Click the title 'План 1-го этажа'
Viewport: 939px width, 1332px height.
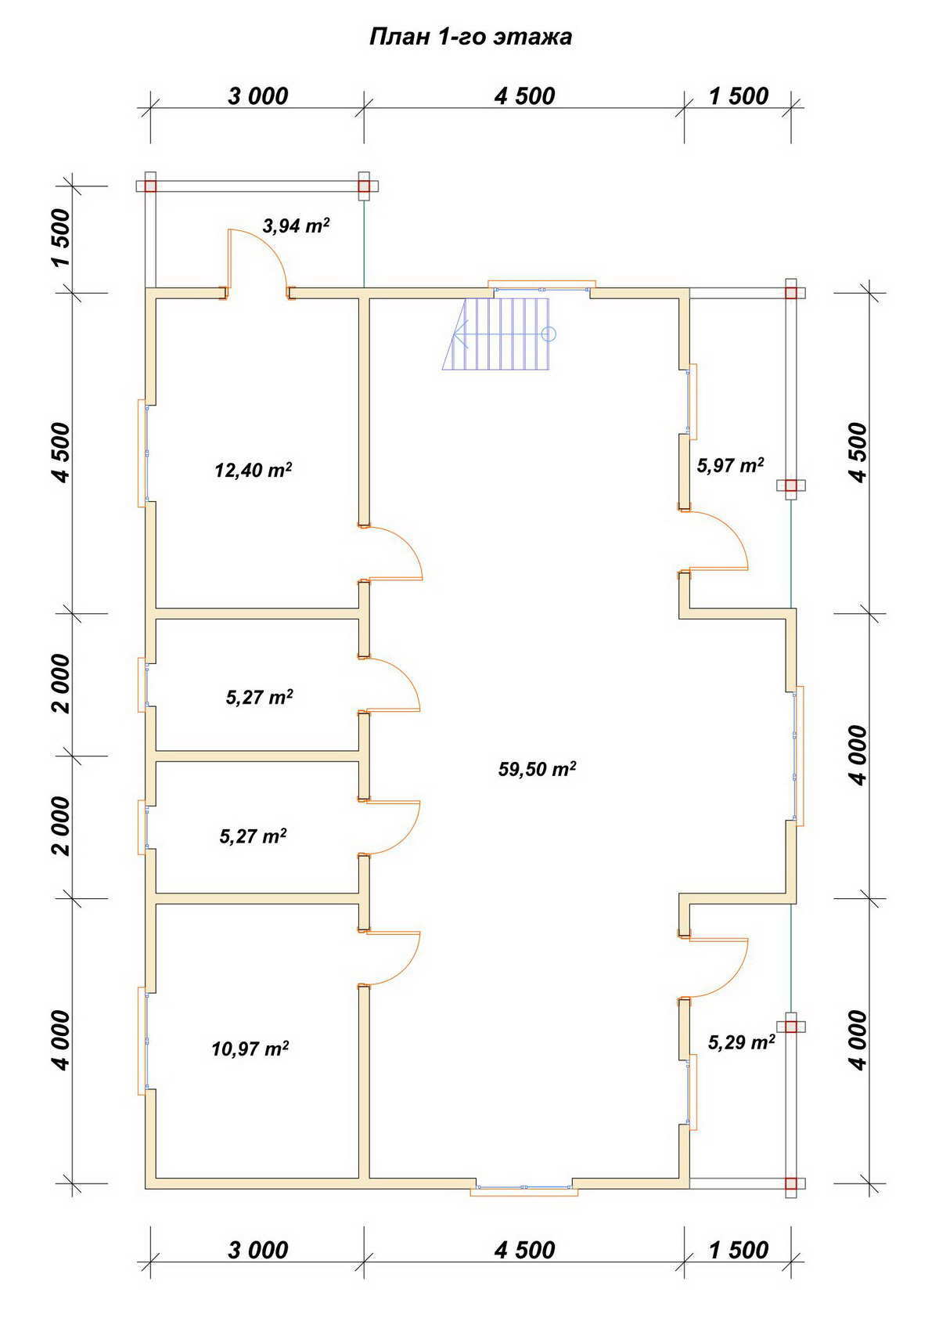pos(470,37)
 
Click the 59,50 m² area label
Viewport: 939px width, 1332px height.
pos(538,769)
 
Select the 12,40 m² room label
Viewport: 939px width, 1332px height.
pos(254,471)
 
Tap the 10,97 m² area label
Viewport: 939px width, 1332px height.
pos(250,1049)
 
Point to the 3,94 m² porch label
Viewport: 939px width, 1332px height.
pos(296,226)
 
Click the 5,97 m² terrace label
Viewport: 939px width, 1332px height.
pos(730,465)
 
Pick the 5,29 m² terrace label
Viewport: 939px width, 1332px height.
pos(742,1041)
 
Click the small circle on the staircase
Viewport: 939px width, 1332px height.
pos(549,334)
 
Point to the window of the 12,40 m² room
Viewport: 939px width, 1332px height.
pos(143,453)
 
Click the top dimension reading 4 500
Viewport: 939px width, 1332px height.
pos(525,96)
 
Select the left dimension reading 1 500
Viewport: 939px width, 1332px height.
pos(60,238)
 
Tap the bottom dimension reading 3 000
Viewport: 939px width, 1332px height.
pos(258,1250)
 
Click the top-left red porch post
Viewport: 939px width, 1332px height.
pos(150,186)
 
